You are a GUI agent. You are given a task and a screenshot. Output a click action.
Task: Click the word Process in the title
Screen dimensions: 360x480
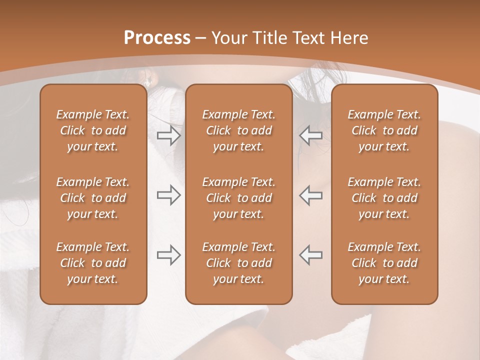click(x=157, y=38)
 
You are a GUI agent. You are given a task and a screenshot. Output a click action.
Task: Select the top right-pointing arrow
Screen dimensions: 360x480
click(x=168, y=135)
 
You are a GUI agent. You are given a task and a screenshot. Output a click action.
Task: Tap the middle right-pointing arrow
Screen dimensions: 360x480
click(x=168, y=195)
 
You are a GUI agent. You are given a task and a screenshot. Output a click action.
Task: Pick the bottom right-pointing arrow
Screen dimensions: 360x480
click(x=168, y=254)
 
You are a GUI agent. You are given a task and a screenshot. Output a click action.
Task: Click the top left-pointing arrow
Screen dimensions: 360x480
click(x=310, y=135)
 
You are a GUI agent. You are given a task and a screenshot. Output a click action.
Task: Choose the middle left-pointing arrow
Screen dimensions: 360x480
click(x=310, y=195)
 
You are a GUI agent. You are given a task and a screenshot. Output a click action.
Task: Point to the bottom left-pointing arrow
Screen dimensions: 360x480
click(x=310, y=254)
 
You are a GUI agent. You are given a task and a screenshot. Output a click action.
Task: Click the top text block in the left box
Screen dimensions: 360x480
click(x=93, y=130)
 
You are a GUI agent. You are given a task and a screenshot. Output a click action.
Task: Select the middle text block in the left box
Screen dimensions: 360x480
click(x=93, y=198)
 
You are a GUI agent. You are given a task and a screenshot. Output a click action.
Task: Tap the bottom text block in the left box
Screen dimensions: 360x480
click(x=93, y=263)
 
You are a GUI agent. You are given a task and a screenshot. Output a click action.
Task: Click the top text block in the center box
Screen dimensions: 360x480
click(x=239, y=130)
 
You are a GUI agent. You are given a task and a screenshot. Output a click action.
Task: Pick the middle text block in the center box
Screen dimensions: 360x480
click(x=239, y=198)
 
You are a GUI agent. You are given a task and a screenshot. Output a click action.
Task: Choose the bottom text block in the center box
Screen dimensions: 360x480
click(x=239, y=263)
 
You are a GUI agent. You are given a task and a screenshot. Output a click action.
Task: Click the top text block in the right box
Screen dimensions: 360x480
click(x=384, y=130)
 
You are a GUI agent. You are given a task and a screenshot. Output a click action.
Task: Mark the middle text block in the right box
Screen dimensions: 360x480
click(x=384, y=198)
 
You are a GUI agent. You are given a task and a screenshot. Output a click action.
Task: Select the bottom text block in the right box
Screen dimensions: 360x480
click(x=384, y=263)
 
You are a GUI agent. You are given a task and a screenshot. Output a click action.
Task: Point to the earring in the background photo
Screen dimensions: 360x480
click(x=147, y=81)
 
